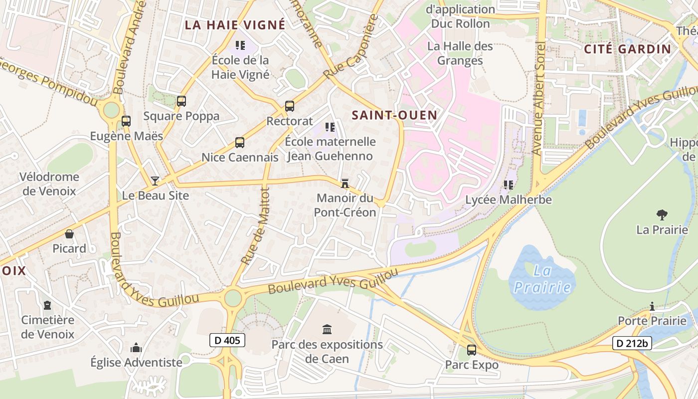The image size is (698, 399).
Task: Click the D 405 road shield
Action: (x=227, y=341)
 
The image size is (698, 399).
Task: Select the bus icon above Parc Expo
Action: (x=472, y=350)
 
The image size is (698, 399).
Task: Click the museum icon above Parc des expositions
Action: (x=327, y=329)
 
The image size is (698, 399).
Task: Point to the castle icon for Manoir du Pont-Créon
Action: (x=345, y=183)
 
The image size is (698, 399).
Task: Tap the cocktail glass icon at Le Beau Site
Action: (x=155, y=181)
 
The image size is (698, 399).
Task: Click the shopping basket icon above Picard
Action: (x=69, y=234)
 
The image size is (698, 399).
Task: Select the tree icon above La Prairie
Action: (x=662, y=215)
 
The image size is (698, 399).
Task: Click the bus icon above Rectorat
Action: (x=290, y=106)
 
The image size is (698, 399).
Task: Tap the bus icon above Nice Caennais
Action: (x=240, y=143)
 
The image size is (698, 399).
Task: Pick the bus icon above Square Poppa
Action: (x=181, y=101)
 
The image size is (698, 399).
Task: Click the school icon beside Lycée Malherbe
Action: (x=509, y=185)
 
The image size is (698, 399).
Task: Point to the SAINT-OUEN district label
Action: (x=394, y=115)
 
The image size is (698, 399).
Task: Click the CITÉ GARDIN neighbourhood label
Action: (x=628, y=49)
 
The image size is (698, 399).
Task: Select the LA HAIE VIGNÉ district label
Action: (x=235, y=24)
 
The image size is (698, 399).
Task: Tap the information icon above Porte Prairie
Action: (x=652, y=306)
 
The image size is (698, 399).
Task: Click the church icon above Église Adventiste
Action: (x=136, y=348)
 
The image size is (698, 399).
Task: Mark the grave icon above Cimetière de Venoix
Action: (x=47, y=305)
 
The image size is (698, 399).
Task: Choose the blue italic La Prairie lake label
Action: (x=542, y=279)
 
